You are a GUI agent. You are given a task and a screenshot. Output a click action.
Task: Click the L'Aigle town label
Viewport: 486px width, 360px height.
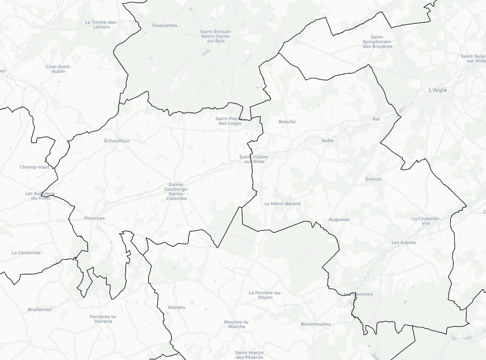point(438,90)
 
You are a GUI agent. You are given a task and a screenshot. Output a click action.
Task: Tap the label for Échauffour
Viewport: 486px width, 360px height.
point(117,141)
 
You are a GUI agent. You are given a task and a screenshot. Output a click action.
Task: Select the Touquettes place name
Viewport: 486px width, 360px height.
point(164,25)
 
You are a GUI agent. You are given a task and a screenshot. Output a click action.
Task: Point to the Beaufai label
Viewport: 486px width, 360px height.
point(287,122)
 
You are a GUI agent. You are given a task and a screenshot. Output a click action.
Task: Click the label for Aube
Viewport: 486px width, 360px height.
point(328,140)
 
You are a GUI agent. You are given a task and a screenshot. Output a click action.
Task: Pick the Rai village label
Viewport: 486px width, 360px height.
point(376,119)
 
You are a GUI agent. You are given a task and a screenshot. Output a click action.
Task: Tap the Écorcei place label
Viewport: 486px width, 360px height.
point(373,179)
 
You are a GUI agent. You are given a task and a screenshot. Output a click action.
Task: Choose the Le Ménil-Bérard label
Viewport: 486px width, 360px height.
point(282,203)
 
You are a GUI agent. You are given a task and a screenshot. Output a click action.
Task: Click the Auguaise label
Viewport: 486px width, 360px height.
point(339,220)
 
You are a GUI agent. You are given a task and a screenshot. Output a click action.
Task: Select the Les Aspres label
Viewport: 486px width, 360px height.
point(404,242)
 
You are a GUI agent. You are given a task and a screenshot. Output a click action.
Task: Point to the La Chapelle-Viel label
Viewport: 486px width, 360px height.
point(426,220)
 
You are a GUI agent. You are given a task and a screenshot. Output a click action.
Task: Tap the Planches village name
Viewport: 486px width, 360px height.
point(94,218)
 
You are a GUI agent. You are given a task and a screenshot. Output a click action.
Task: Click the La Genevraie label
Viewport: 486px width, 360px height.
point(26,253)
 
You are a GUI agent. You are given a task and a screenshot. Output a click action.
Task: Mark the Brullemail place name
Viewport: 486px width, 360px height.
point(40,309)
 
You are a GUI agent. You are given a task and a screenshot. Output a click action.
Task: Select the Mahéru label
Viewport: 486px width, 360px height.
point(177,307)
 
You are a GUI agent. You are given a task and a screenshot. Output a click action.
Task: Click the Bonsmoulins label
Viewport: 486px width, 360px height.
point(316,324)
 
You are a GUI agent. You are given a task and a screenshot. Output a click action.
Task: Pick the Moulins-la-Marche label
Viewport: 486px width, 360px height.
point(237,324)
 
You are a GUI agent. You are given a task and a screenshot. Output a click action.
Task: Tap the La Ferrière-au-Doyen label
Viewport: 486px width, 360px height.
point(265,295)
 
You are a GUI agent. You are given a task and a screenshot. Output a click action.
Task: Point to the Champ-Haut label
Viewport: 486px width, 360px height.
point(34,167)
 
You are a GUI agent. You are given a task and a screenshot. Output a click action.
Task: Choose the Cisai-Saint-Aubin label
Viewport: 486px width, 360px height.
point(59,69)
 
